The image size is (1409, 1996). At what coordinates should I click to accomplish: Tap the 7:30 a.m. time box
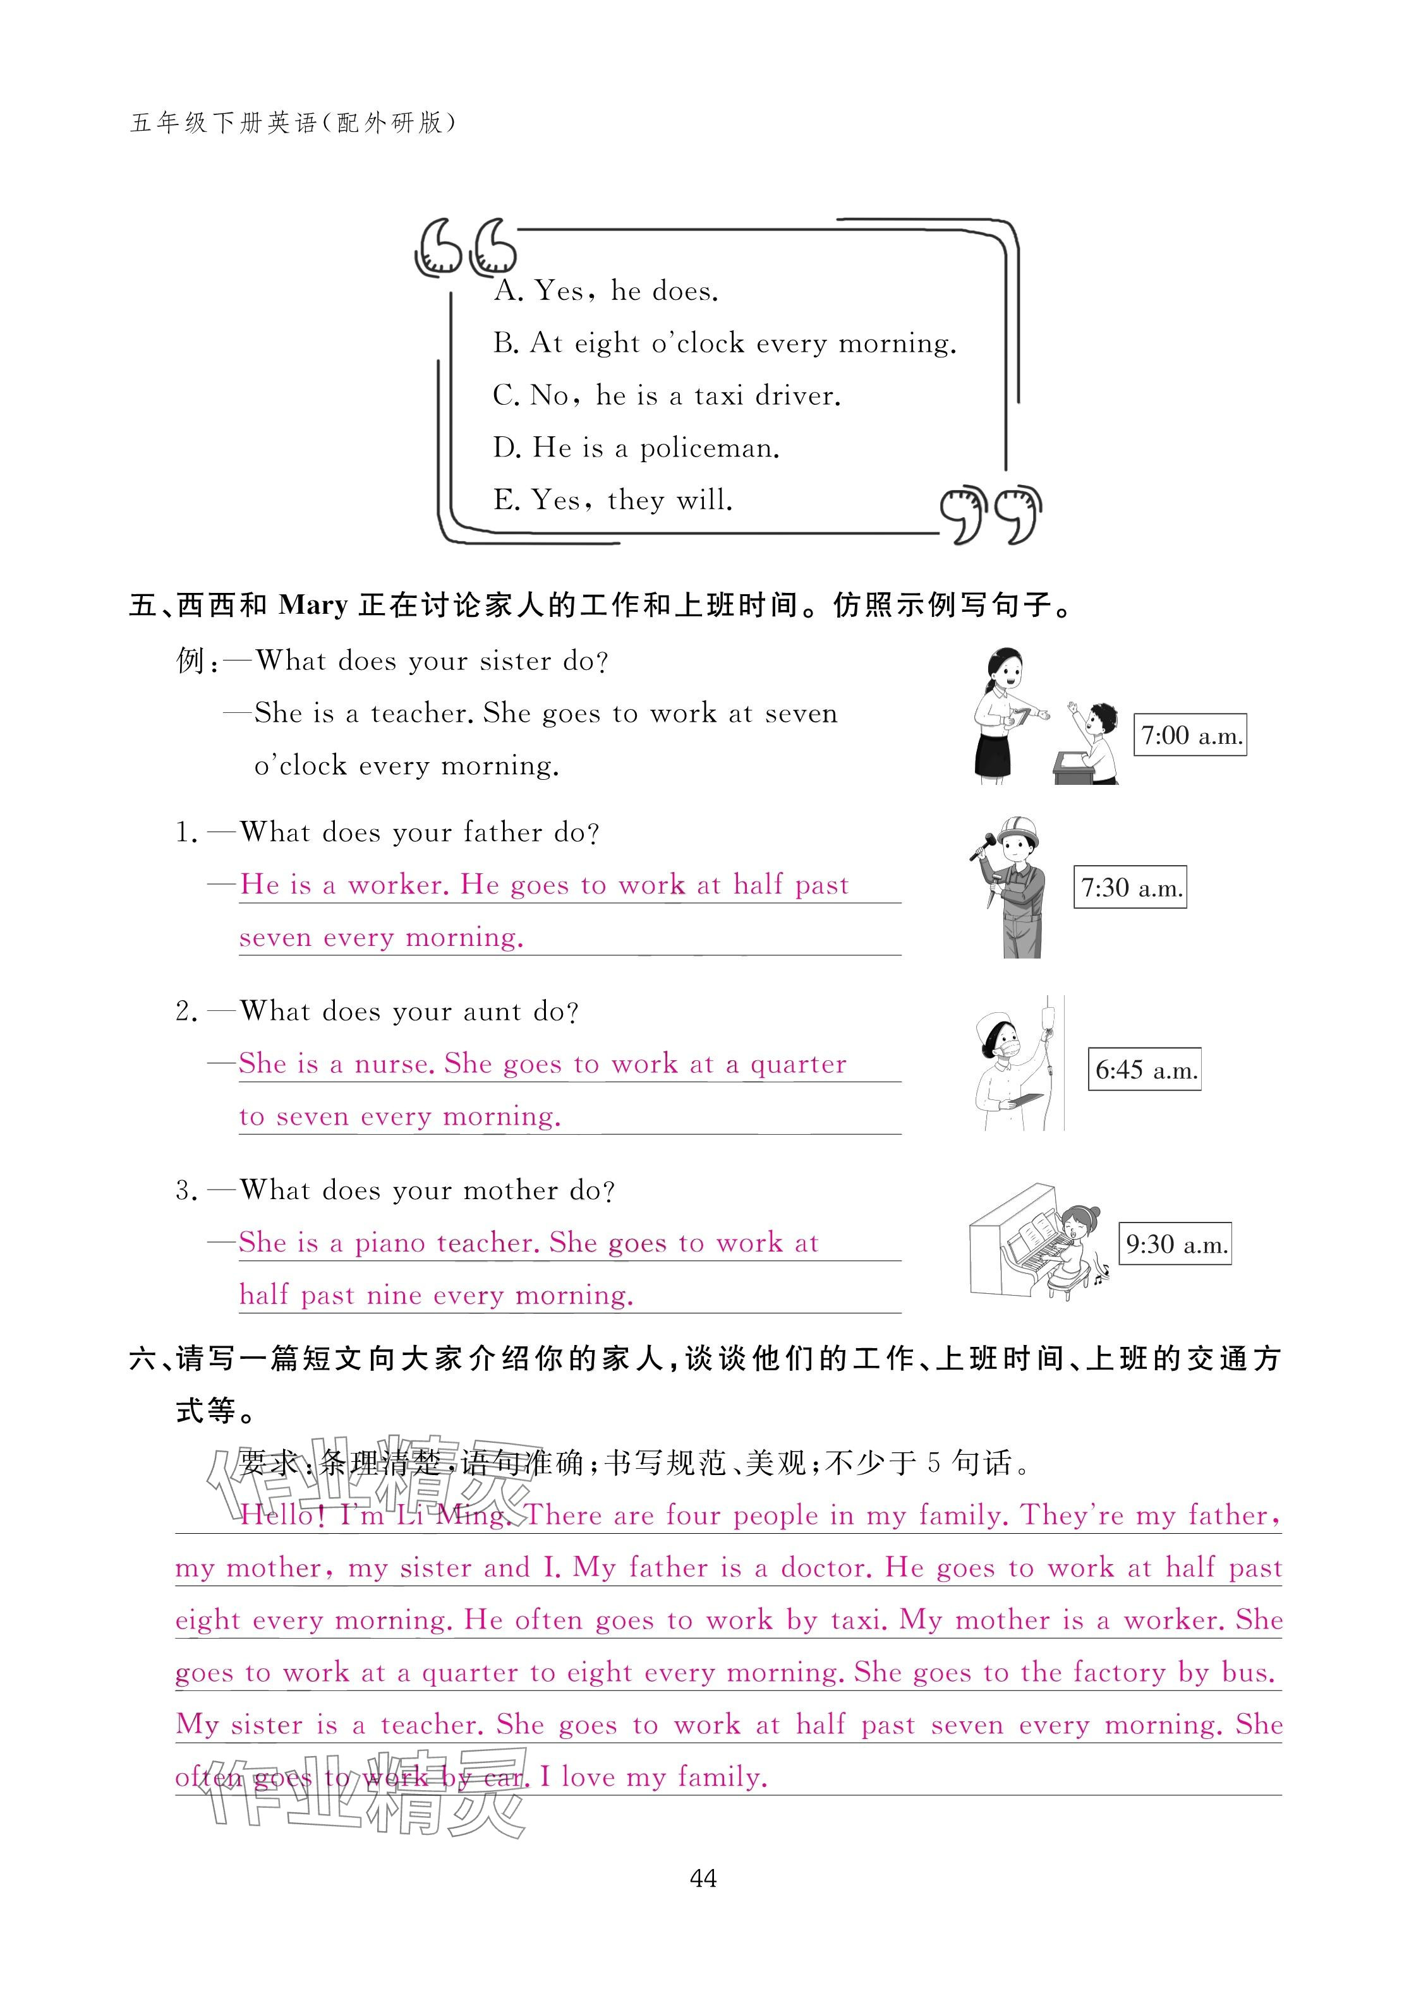pos(1130,888)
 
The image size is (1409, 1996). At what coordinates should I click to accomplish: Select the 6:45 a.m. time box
pos(1145,1069)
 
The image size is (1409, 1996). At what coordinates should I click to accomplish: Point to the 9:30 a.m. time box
pos(1175,1244)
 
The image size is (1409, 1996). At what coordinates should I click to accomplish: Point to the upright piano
pos(1013,1244)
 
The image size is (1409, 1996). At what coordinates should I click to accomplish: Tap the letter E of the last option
pos(504,500)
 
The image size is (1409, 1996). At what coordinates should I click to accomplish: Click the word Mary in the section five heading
pos(313,605)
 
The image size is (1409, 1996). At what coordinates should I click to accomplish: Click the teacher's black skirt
pos(993,753)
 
